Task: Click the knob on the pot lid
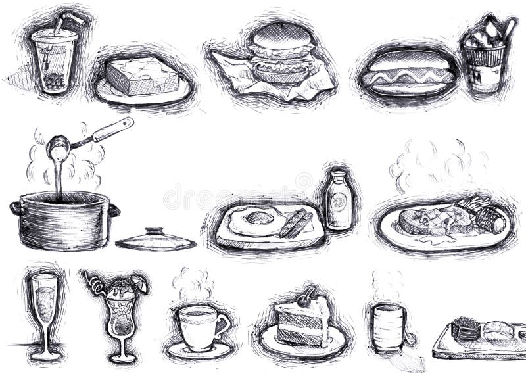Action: (156, 232)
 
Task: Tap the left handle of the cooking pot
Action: (16, 208)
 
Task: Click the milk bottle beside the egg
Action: (339, 201)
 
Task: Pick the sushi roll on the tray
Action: (466, 327)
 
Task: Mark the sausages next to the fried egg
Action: (295, 223)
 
